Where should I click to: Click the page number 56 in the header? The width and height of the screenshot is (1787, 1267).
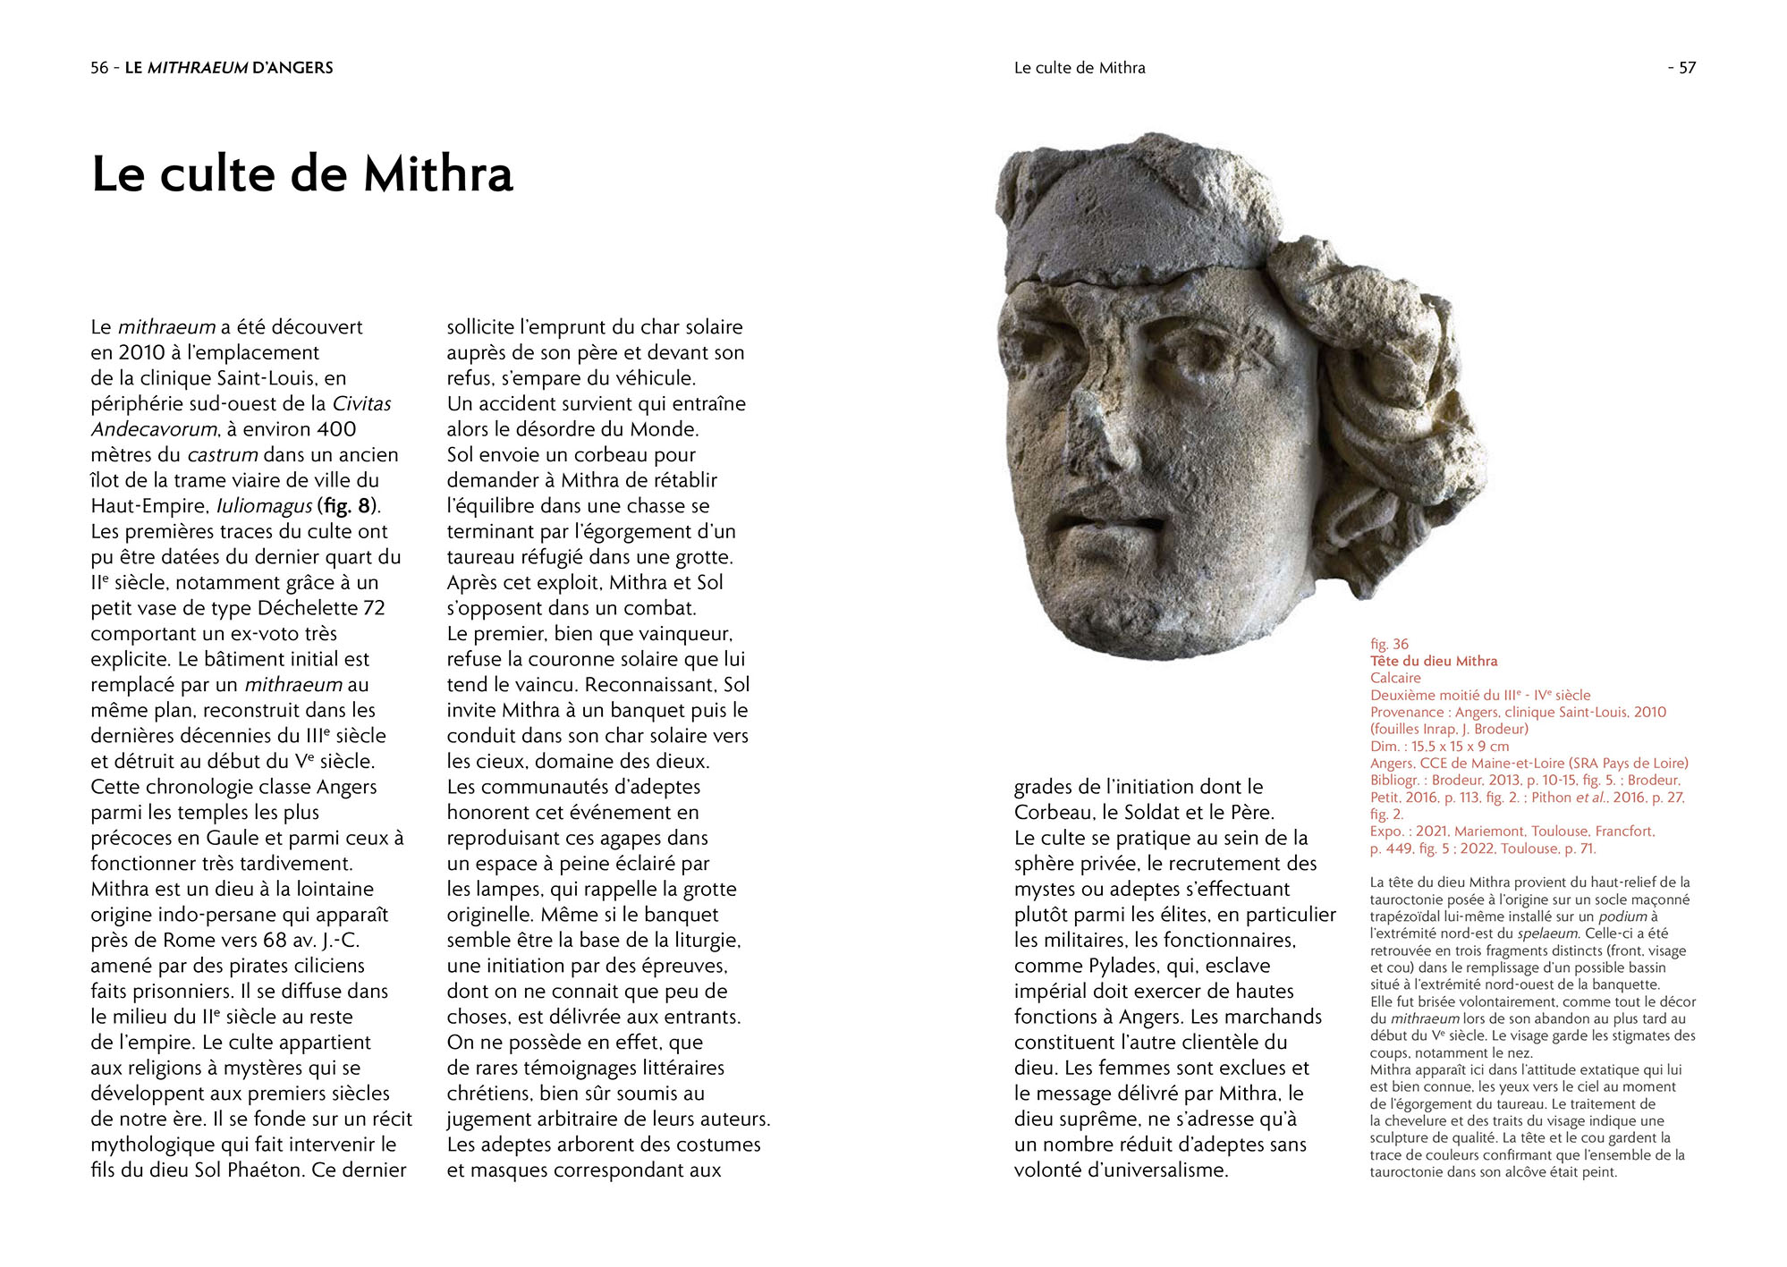[x=99, y=68]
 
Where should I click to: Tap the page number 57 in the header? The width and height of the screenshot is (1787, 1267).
[x=1687, y=68]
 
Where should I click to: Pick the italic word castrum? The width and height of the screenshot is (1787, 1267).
[x=223, y=455]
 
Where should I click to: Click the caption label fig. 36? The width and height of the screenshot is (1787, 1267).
[x=1389, y=644]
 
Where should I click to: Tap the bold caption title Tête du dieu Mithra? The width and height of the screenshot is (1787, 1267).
[x=1433, y=661]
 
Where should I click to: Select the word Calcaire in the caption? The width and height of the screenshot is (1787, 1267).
[x=1395, y=678]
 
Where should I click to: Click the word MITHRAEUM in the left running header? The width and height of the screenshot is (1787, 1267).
[x=197, y=68]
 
